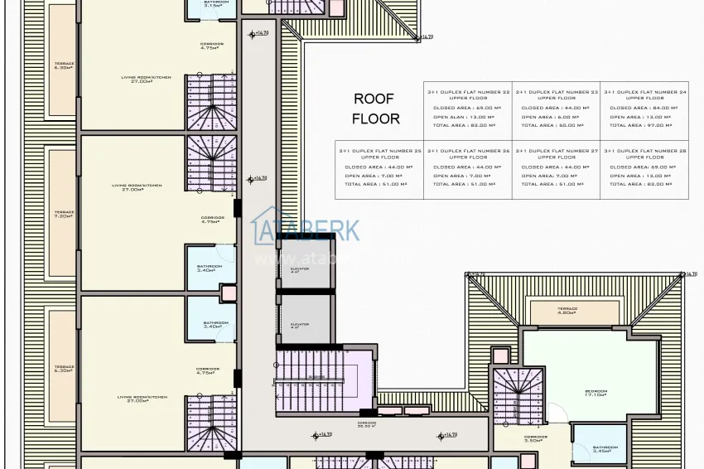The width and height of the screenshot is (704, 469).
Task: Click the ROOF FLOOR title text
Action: tap(375, 109)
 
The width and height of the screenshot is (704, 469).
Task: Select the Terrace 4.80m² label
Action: tap(567, 312)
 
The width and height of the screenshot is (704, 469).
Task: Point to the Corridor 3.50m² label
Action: tap(536, 438)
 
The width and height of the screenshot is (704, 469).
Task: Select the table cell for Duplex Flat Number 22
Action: tap(467, 111)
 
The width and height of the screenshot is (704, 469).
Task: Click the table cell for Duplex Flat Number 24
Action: tap(644, 111)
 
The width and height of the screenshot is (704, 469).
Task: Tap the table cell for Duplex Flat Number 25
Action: tap(379, 169)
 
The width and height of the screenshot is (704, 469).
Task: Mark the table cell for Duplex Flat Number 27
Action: tap(556, 169)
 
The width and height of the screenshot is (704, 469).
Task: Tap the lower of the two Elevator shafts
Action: tap(300, 323)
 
